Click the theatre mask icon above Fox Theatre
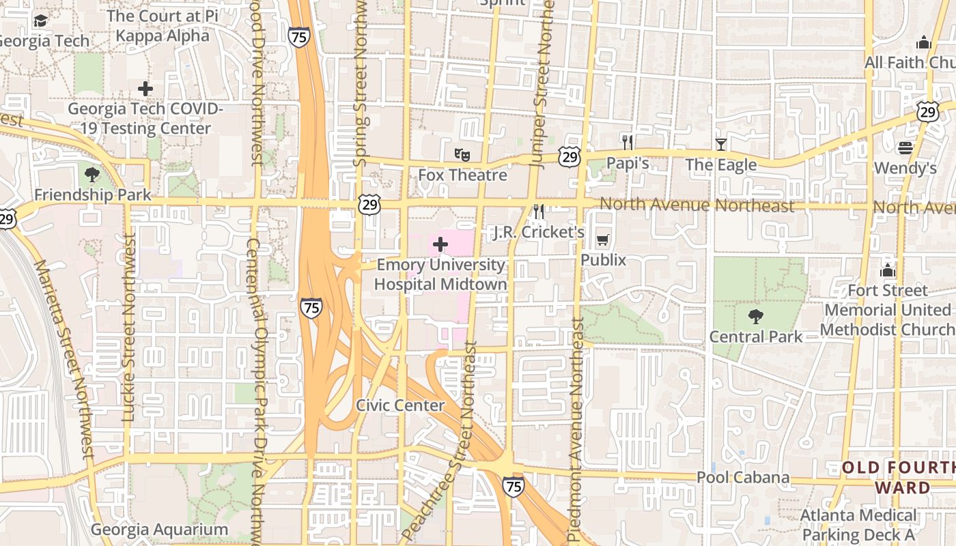[462, 155]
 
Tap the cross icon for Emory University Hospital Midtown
[440, 244]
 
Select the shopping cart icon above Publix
[602, 240]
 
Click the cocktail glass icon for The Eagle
[720, 144]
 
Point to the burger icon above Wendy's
[905, 147]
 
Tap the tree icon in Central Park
[755, 317]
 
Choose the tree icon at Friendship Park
[92, 175]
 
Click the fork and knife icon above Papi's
[628, 142]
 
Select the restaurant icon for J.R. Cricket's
[539, 212]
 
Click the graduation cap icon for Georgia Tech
[40, 21]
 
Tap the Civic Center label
[400, 405]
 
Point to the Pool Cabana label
[743, 478]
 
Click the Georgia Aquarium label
[159, 530]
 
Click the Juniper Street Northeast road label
[539, 82]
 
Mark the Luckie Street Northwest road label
[128, 328]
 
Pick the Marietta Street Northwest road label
[65, 358]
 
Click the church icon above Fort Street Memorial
[888, 270]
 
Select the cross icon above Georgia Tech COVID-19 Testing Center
[145, 89]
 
